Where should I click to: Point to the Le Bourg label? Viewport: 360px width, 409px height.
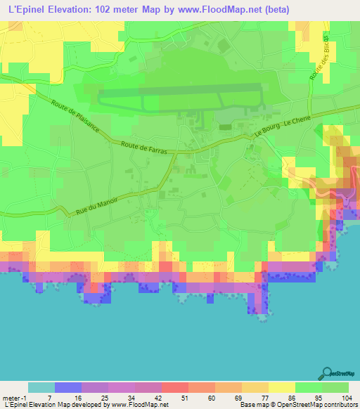[x=266, y=133]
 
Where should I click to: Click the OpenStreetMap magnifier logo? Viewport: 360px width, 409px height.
[x=328, y=374]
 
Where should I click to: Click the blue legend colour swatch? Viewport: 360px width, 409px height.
[x=68, y=387]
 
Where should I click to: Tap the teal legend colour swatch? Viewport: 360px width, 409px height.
[x=41, y=387]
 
